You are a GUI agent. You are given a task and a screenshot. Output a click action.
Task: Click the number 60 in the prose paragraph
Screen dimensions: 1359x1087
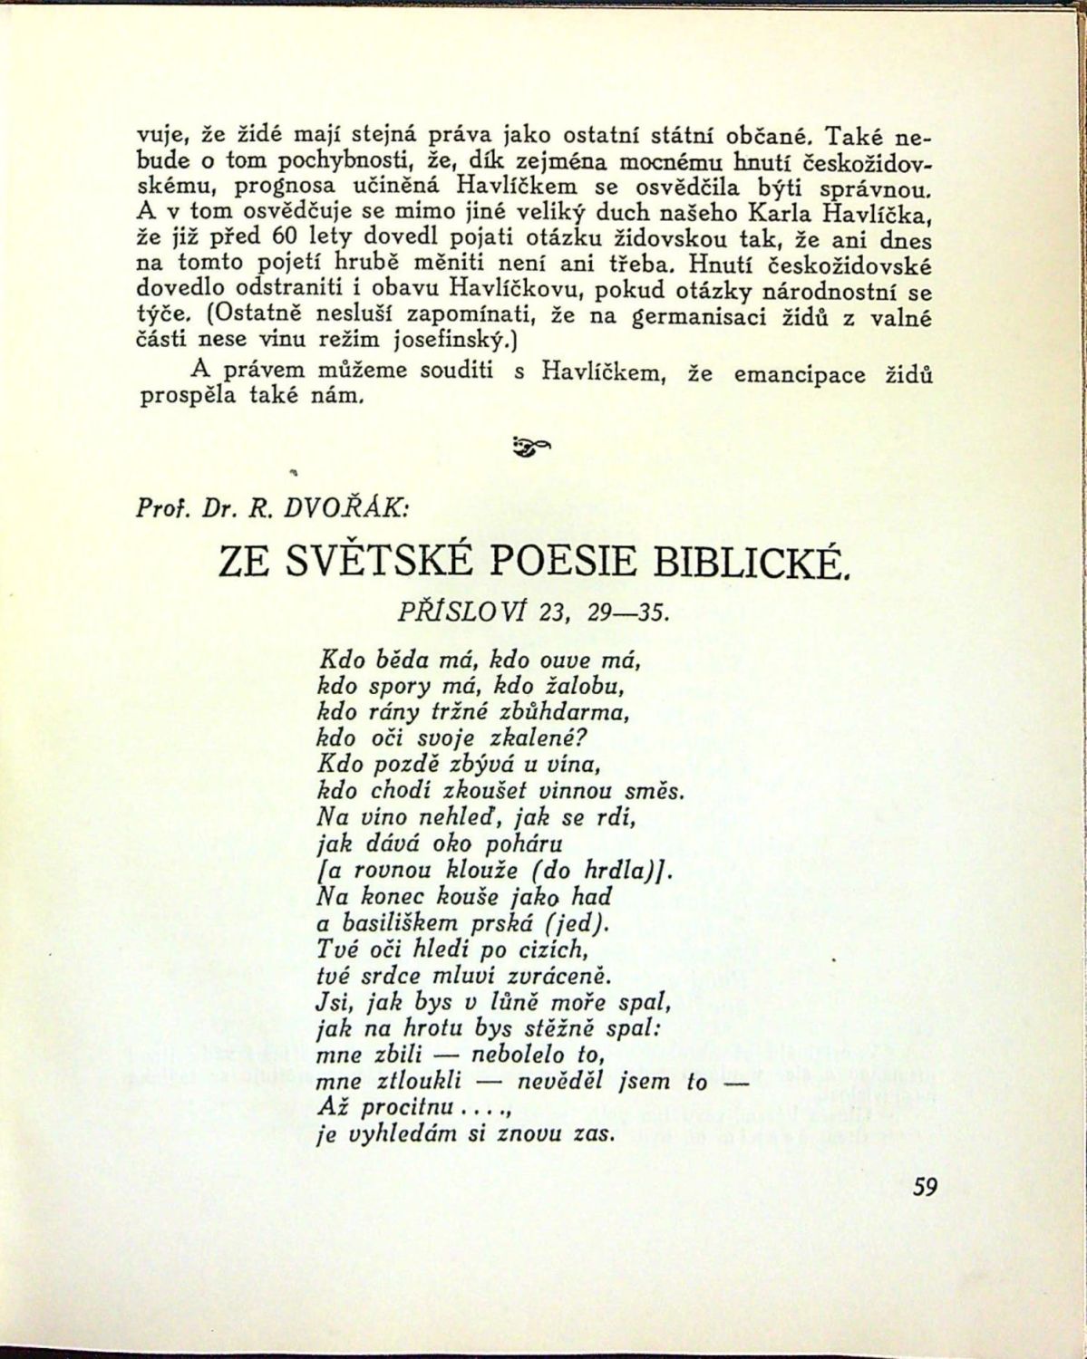(x=287, y=240)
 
